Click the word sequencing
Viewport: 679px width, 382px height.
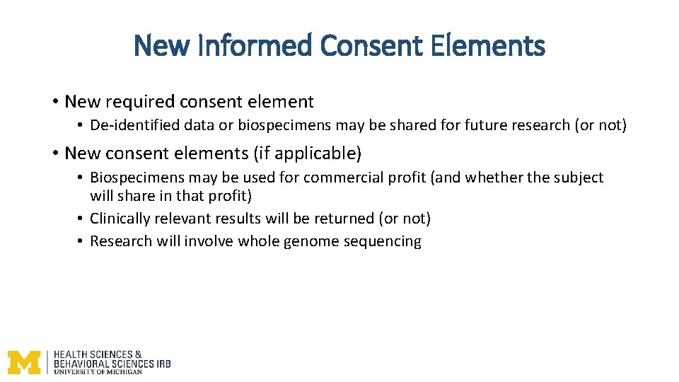[x=383, y=242]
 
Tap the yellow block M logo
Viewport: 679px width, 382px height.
[x=24, y=362]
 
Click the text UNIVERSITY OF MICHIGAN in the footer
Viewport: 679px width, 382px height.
[x=98, y=371]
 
